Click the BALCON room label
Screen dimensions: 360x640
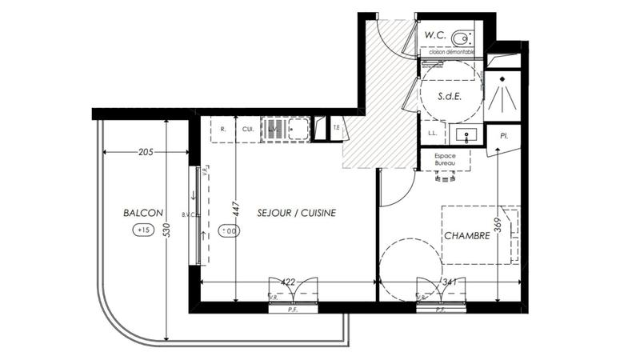143,213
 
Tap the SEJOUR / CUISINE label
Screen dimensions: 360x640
296,213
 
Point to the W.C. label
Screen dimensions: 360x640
435,35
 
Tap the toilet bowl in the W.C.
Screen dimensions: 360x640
460,37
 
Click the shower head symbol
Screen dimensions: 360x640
504,94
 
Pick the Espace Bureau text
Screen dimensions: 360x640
446,159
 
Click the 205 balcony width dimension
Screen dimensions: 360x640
146,152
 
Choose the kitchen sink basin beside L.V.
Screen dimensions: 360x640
298,127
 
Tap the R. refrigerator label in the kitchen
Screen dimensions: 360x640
223,128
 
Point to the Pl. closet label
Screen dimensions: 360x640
504,137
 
